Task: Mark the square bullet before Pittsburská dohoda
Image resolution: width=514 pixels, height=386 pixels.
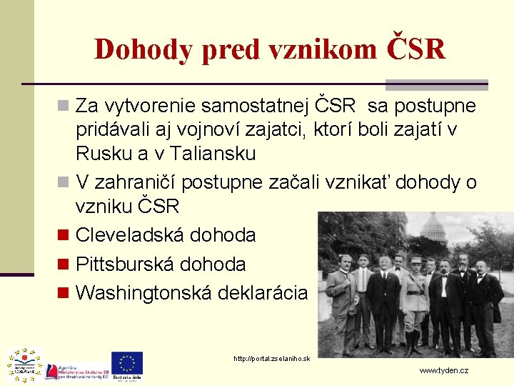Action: coord(63,264)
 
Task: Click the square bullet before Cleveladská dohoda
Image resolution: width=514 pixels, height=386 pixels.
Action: coord(63,235)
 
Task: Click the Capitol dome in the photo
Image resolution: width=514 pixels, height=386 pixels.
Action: coord(434,229)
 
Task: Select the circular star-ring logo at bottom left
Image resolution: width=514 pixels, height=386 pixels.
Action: coord(24,365)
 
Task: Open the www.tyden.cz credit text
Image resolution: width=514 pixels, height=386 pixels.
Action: coord(443,371)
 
